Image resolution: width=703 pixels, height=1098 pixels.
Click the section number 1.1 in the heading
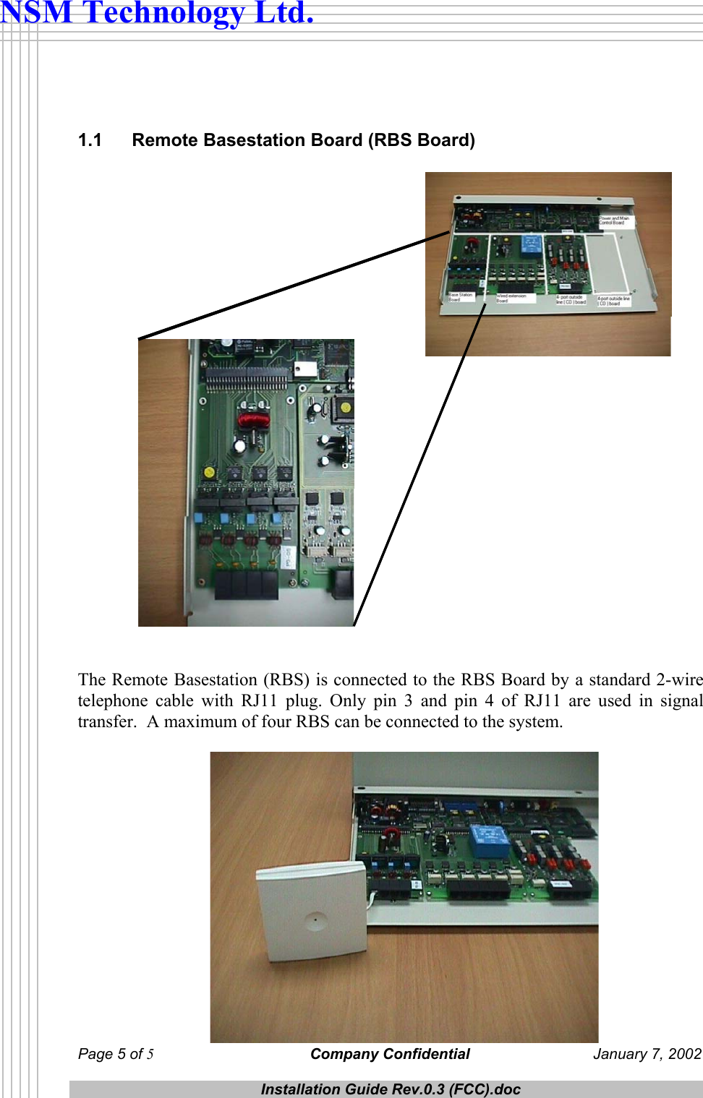point(90,140)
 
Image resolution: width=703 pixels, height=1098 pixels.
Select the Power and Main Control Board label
point(614,220)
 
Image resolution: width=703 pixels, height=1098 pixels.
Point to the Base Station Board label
point(460,297)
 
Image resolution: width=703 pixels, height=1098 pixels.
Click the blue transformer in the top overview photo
point(531,246)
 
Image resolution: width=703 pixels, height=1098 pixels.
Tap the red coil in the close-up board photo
point(253,419)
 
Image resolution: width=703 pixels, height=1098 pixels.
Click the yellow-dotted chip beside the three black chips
point(209,472)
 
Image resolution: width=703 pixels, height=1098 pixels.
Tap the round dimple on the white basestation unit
point(315,921)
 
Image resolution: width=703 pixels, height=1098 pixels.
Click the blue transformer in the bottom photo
point(490,841)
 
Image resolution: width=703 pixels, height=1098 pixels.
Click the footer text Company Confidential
point(390,1054)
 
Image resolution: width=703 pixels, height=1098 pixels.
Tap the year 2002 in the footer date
point(685,1054)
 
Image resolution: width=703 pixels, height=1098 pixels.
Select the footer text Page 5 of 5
point(116,1054)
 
